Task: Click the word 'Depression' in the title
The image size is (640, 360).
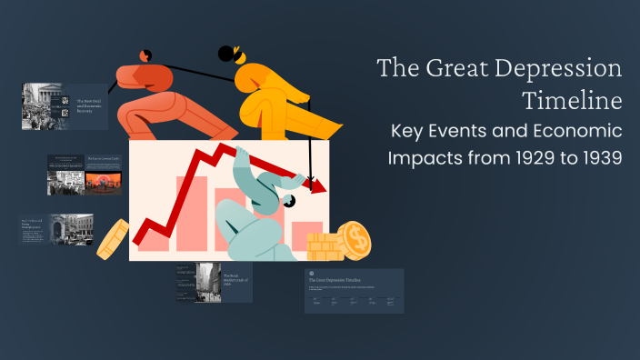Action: (x=560, y=70)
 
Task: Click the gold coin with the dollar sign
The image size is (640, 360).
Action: (x=355, y=241)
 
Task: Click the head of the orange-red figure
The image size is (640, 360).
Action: (x=146, y=56)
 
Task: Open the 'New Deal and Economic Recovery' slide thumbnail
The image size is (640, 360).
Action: (x=65, y=106)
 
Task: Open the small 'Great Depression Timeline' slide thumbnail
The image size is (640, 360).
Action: (x=354, y=291)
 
